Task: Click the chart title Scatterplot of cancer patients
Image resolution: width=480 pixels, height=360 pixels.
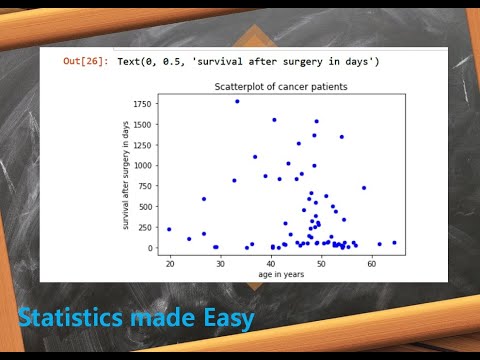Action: click(281, 87)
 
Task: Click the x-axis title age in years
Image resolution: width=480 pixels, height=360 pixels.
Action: click(281, 274)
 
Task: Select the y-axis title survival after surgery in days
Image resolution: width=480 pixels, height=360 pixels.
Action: click(126, 174)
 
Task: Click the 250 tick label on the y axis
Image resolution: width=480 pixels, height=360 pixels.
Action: click(146, 227)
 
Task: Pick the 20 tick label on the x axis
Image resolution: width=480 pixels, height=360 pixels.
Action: click(170, 263)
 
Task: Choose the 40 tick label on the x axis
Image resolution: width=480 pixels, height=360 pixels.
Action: click(271, 263)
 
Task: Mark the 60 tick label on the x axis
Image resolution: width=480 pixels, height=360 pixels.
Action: click(372, 263)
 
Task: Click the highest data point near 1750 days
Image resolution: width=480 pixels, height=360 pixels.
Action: click(237, 101)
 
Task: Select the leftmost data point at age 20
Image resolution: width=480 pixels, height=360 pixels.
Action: click(169, 229)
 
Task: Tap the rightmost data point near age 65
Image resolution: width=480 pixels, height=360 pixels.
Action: click(395, 242)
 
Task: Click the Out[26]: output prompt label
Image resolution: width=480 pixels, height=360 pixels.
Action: click(86, 62)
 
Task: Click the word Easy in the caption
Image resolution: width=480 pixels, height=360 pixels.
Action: click(227, 319)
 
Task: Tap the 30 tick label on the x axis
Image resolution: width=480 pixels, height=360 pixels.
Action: click(220, 263)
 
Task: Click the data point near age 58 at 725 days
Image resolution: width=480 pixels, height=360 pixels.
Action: click(364, 187)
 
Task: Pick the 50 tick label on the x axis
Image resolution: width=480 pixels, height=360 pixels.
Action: click(321, 263)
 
